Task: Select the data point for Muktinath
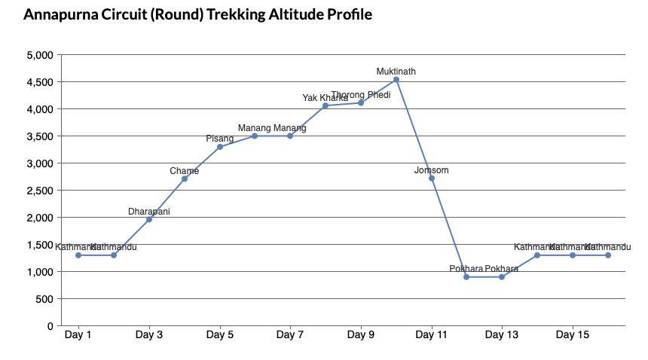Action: pyautogui.click(x=396, y=80)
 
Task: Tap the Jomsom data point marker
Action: pyautogui.click(x=432, y=178)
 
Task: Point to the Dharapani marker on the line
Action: pyautogui.click(x=149, y=219)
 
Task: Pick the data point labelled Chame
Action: pyautogui.click(x=185, y=178)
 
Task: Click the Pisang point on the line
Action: pyautogui.click(x=220, y=147)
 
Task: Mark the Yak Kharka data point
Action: pyautogui.click(x=326, y=106)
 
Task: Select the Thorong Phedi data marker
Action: pyautogui.click(x=361, y=103)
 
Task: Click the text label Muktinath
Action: pyautogui.click(x=396, y=72)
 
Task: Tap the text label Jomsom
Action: pyautogui.click(x=432, y=170)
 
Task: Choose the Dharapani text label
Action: pyautogui.click(x=149, y=212)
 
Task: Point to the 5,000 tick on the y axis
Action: pyautogui.click(x=39, y=55)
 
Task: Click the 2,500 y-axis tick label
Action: pyautogui.click(x=39, y=191)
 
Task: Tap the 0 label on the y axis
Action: pyautogui.click(x=50, y=326)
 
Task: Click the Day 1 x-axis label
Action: pyautogui.click(x=78, y=334)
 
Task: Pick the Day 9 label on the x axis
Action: pyautogui.click(x=361, y=334)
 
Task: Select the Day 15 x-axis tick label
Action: pyautogui.click(x=573, y=334)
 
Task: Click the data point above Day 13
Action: pyautogui.click(x=502, y=277)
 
